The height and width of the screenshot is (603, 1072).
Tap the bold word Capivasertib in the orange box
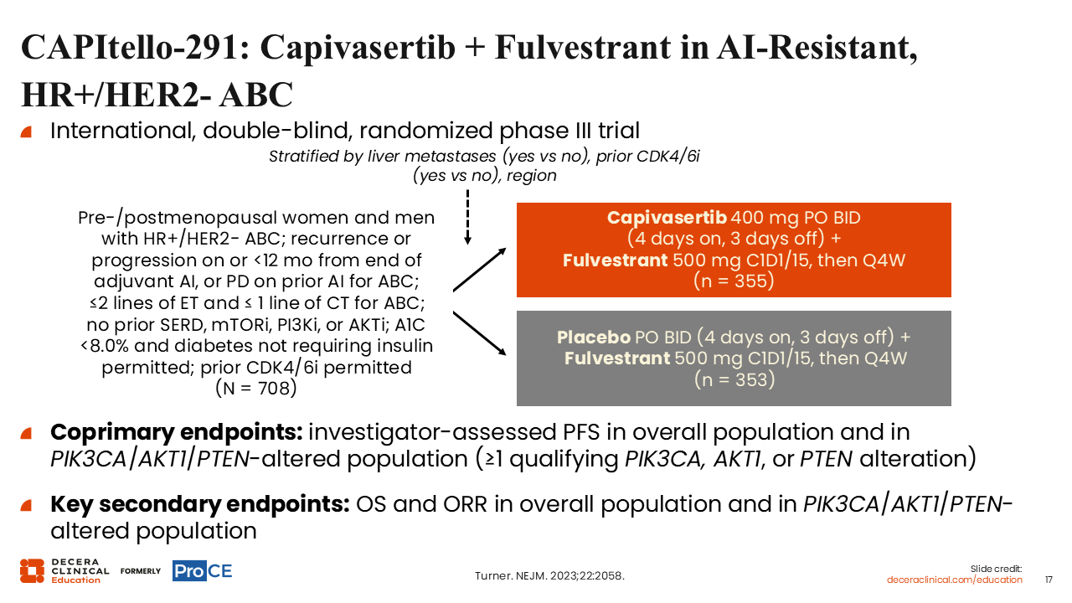tap(667, 218)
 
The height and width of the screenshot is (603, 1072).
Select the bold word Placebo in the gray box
tap(594, 338)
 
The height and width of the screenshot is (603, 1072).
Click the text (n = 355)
tap(734, 281)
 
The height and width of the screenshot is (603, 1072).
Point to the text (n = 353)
tap(734, 380)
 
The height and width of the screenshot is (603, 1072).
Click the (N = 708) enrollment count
tap(256, 388)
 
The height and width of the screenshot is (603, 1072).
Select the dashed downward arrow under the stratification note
tap(467, 218)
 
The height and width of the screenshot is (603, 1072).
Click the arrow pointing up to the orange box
tap(480, 270)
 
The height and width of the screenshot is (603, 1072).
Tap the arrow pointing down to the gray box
tap(480, 333)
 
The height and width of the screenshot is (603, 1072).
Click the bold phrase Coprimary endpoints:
tap(177, 432)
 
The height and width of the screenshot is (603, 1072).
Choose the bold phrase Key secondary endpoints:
tap(200, 504)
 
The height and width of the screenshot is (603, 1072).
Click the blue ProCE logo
tap(203, 571)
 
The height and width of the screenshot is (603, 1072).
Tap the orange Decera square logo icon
tap(32, 571)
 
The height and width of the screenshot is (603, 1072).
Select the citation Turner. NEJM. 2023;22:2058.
tap(549, 575)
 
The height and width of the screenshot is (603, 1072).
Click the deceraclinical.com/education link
tap(954, 580)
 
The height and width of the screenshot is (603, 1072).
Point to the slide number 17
tap(1049, 580)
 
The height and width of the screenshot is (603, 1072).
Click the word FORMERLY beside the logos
tap(140, 571)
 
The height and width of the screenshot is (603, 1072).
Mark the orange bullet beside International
tap(26, 131)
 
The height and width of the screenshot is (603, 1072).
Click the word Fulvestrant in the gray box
tap(617, 358)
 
